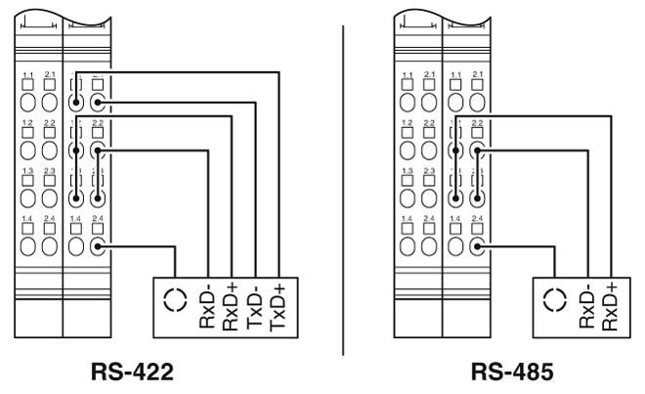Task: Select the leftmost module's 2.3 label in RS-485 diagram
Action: pyautogui.click(x=430, y=170)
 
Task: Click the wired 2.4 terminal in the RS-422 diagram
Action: pyautogui.click(x=98, y=246)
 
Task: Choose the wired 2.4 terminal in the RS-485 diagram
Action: pyautogui.click(x=477, y=246)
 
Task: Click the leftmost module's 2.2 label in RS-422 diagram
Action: pyautogui.click(x=51, y=123)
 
